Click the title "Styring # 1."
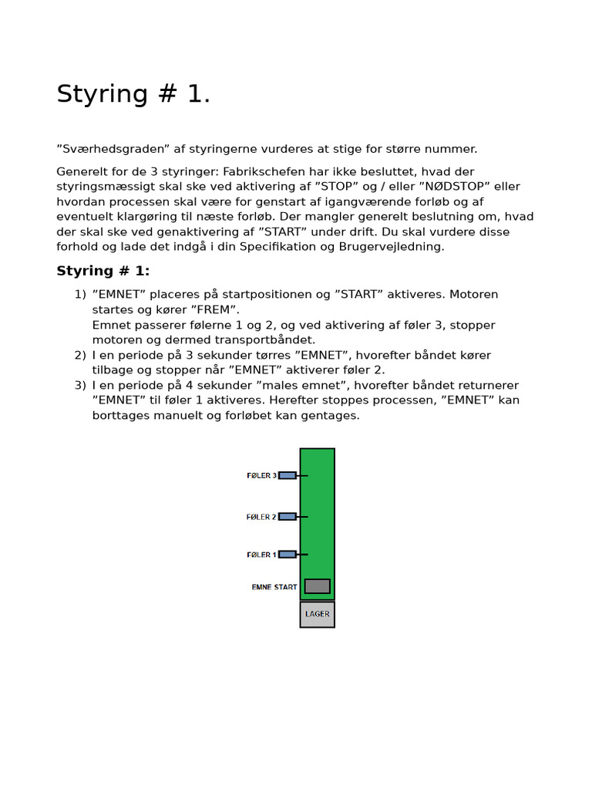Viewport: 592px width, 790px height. tap(133, 94)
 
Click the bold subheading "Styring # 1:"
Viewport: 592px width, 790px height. tap(103, 271)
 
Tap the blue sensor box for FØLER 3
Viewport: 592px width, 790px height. tap(287, 475)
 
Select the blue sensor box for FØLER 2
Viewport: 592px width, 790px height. tap(287, 516)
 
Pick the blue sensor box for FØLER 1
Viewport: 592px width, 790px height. tap(287, 554)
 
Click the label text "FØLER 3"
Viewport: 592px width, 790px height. tap(261, 476)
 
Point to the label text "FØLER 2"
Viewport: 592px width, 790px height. tap(261, 517)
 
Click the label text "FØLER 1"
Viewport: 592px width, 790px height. tap(261, 555)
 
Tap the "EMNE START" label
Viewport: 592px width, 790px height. tap(274, 587)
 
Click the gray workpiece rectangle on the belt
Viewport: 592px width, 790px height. tap(317, 586)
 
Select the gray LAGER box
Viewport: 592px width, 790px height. tap(317, 614)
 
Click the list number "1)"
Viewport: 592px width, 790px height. tap(80, 295)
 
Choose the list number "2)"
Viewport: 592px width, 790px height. tap(80, 356)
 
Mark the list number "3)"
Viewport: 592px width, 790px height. tap(80, 386)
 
